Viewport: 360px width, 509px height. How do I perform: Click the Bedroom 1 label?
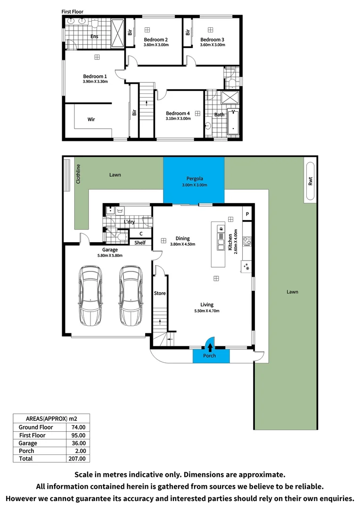[x=95, y=76]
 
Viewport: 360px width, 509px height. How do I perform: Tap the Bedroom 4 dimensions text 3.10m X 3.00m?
[x=178, y=119]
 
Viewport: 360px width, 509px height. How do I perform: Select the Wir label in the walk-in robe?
[x=91, y=120]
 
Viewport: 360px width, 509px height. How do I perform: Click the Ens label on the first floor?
[x=94, y=36]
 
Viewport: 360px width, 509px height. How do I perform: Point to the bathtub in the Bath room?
[x=233, y=122]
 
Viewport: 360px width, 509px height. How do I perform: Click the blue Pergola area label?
[x=194, y=179]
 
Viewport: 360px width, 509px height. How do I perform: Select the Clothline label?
[x=79, y=173]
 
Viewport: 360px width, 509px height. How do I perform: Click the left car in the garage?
[x=90, y=296]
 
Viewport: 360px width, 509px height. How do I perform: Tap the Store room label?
[x=160, y=293]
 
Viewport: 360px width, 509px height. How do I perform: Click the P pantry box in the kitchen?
[x=247, y=214]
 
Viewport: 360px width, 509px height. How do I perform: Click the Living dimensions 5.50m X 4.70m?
[x=207, y=311]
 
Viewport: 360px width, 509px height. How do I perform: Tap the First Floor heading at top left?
[x=73, y=10]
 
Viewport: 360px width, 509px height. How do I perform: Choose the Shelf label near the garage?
[x=140, y=243]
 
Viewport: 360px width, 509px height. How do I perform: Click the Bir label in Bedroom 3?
[x=188, y=32]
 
